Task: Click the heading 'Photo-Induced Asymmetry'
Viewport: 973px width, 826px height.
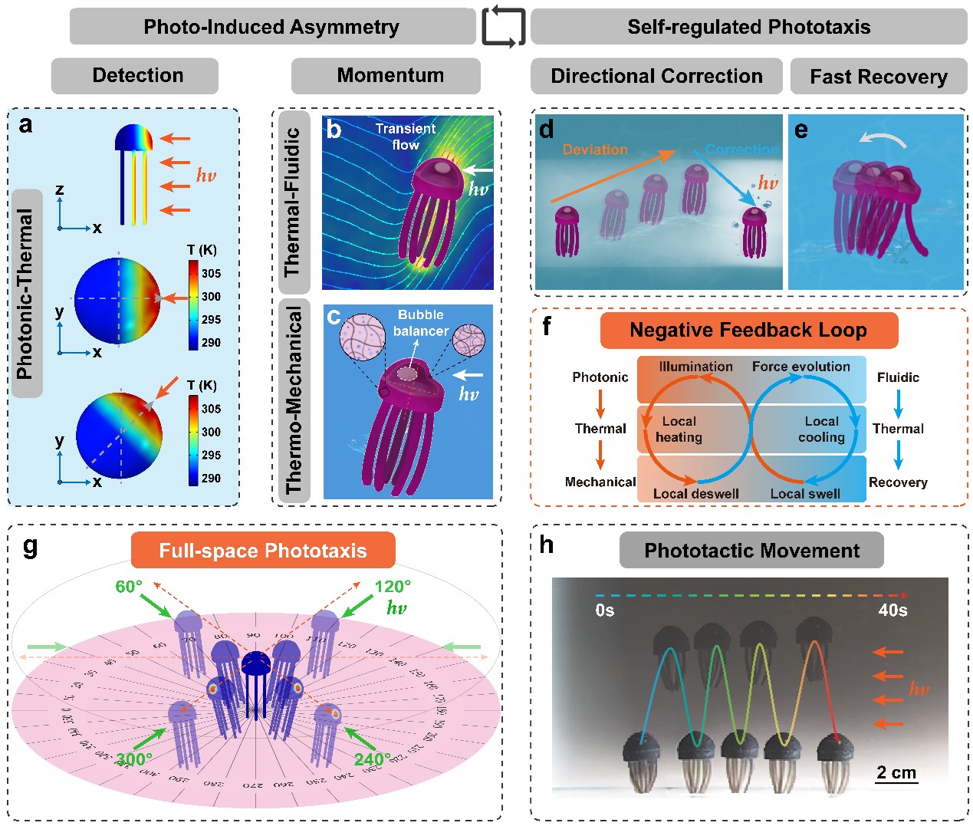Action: [271, 27]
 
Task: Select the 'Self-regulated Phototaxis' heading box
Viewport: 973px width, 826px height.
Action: [748, 27]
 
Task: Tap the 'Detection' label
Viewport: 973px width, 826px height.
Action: [137, 75]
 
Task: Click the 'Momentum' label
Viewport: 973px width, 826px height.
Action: [390, 75]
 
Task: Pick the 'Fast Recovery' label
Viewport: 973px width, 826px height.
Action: [879, 77]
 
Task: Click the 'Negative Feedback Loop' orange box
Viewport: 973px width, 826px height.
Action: [748, 331]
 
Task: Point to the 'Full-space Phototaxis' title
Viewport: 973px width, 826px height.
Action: [263, 551]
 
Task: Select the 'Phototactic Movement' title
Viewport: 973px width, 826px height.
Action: [751, 551]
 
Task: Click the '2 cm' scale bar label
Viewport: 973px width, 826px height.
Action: [896, 772]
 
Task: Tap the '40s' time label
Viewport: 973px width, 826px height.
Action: [892, 610]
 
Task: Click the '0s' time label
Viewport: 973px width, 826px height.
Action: [604, 610]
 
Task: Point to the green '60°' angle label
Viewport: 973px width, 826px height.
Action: [129, 587]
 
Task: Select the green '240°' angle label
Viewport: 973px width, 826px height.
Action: [373, 759]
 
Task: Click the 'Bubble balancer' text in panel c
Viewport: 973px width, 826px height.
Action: [420, 323]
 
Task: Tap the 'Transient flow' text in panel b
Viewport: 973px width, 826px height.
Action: [406, 137]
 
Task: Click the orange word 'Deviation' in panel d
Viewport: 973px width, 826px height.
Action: [595, 150]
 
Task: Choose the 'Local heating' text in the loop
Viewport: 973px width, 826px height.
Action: [679, 429]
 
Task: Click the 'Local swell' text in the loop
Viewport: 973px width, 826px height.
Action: [805, 494]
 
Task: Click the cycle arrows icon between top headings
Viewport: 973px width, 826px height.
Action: [504, 27]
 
